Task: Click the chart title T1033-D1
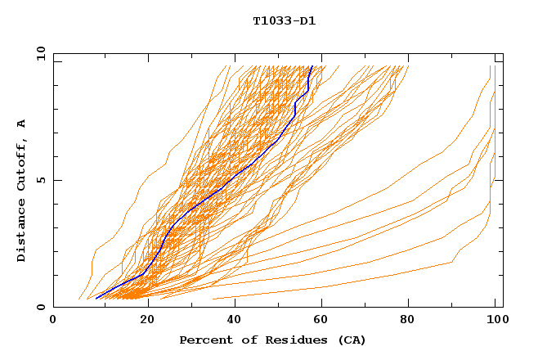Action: pyautogui.click(x=284, y=21)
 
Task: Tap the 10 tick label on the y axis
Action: pyautogui.click(x=38, y=53)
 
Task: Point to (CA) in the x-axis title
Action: pyautogui.click(x=350, y=340)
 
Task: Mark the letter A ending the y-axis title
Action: pyautogui.click(x=22, y=124)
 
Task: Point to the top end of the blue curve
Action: pyautogui.click(x=312, y=66)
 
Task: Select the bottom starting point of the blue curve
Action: pyautogui.click(x=96, y=299)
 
